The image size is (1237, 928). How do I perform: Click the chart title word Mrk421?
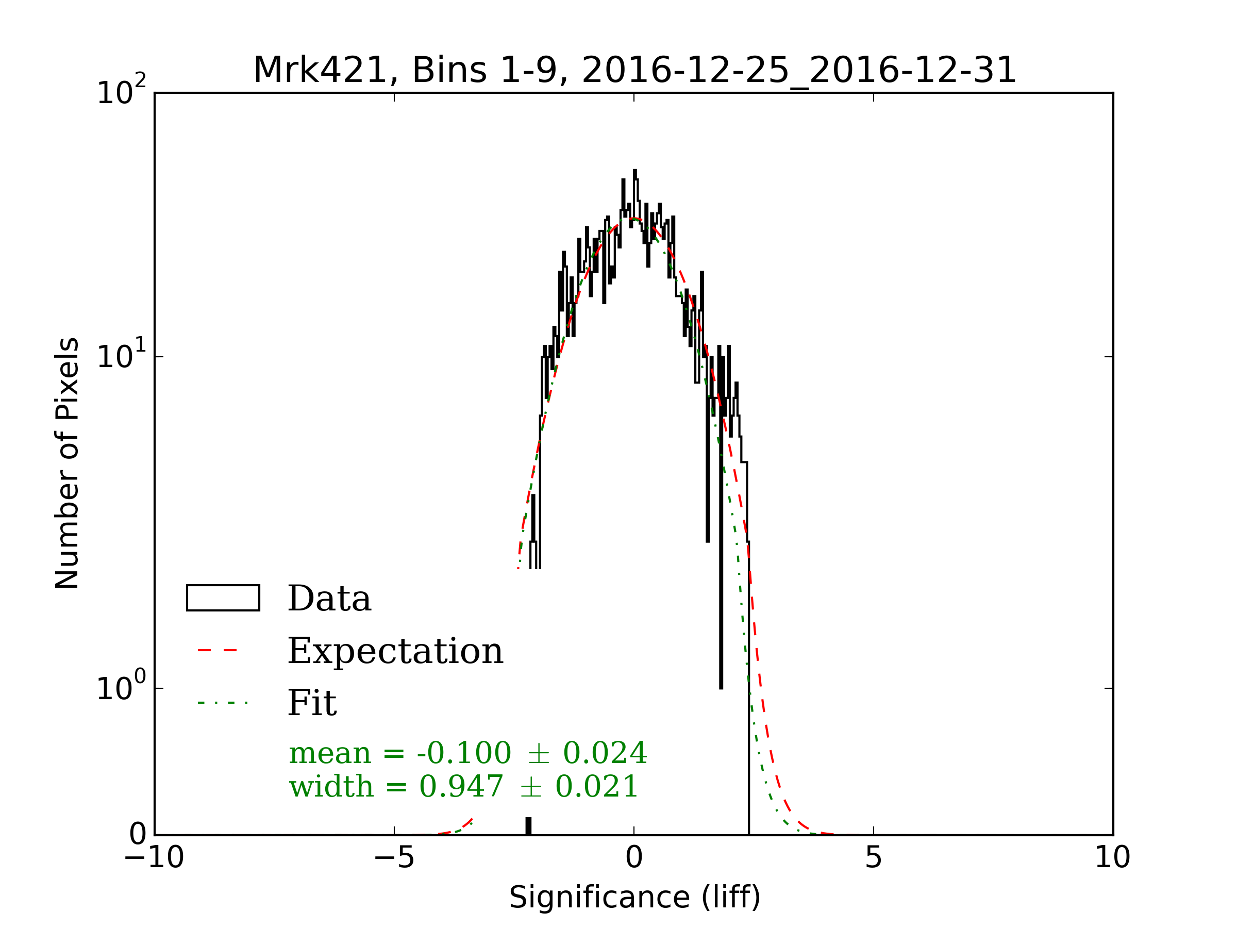[320, 71]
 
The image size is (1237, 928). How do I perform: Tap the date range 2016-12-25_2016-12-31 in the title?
[798, 71]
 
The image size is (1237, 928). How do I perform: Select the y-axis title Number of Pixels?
[67, 462]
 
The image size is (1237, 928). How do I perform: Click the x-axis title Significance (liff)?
[634, 897]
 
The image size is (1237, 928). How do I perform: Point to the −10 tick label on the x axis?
[154, 857]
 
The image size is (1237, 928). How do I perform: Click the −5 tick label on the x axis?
[394, 857]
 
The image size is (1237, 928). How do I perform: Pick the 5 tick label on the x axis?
[873, 857]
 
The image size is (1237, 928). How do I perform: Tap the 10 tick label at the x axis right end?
[1112, 857]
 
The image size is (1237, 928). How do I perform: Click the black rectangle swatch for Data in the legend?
[223, 598]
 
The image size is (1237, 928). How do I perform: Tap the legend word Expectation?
[395, 651]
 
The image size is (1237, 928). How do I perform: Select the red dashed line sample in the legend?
[218, 651]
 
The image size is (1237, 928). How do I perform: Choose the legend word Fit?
[311, 703]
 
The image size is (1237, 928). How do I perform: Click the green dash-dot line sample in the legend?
[222, 703]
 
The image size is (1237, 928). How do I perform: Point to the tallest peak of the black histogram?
[634, 171]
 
